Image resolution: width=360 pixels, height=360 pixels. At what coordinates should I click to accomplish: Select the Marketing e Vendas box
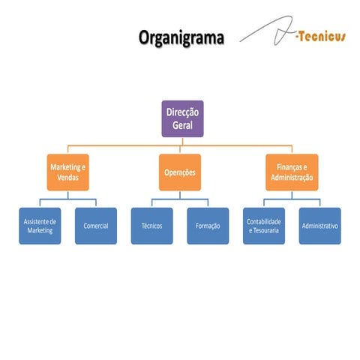click(x=68, y=172)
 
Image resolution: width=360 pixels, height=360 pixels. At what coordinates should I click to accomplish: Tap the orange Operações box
click(x=180, y=172)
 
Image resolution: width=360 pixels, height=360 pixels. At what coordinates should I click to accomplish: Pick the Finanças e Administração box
click(x=292, y=172)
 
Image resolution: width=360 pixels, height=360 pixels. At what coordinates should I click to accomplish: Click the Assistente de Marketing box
click(x=40, y=226)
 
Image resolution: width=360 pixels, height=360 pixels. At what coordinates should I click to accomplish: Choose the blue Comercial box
click(x=96, y=226)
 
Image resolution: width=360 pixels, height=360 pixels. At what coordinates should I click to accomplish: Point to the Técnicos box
click(x=151, y=226)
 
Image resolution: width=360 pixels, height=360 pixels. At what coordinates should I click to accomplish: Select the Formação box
click(x=207, y=226)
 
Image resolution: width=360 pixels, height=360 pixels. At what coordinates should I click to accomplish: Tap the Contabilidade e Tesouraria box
click(x=264, y=226)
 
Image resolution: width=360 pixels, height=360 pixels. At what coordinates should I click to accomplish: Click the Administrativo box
click(x=319, y=226)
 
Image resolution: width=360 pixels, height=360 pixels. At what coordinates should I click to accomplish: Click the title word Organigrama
click(x=181, y=37)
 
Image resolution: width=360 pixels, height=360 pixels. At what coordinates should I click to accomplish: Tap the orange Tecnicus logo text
click(x=320, y=37)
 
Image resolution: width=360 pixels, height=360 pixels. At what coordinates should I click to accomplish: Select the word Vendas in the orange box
click(x=68, y=178)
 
